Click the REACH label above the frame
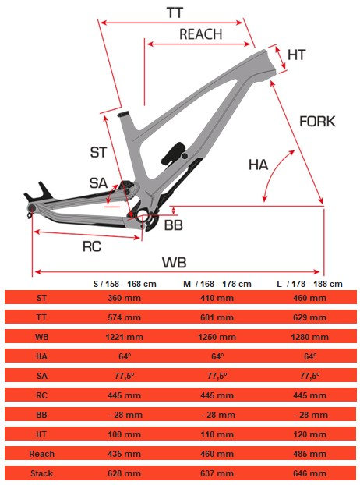200,34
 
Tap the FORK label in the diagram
317,122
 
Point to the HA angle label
259,165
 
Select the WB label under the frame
175,263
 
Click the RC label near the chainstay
92,246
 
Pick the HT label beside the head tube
297,55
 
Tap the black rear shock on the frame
175,153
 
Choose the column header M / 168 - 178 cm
217,284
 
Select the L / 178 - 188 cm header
309,284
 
